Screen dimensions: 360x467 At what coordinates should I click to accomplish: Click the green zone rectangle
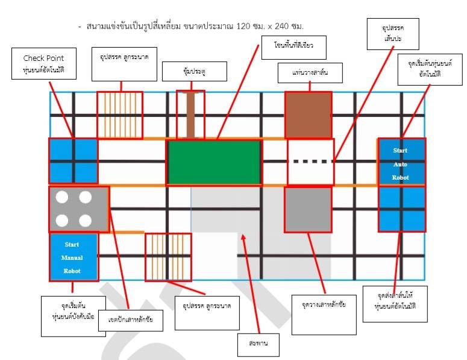(x=215, y=162)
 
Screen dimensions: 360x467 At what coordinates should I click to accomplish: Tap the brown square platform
(x=308, y=115)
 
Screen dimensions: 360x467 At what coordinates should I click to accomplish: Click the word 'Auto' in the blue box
(x=401, y=163)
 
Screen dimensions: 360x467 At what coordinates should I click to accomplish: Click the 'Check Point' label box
(x=43, y=65)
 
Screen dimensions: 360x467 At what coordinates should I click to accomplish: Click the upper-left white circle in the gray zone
(x=61, y=197)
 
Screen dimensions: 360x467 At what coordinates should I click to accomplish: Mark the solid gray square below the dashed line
(x=308, y=210)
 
